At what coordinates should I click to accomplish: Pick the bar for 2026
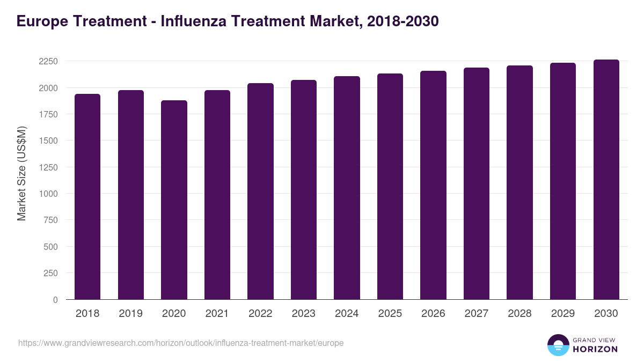pos(433,185)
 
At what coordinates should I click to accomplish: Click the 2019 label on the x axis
pos(130,314)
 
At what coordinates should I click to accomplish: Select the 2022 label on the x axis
pos(260,314)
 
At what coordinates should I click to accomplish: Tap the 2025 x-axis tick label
pos(390,314)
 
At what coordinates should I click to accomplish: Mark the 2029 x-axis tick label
pos(563,314)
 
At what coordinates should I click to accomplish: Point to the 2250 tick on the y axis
pos(48,61)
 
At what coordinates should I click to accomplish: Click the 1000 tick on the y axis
pos(48,194)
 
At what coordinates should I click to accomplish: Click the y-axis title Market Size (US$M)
pos(21,173)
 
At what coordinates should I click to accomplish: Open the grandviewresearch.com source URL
pos(181,343)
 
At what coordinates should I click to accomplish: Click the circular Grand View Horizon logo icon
pos(558,345)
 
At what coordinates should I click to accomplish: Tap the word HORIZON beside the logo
pos(595,349)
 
